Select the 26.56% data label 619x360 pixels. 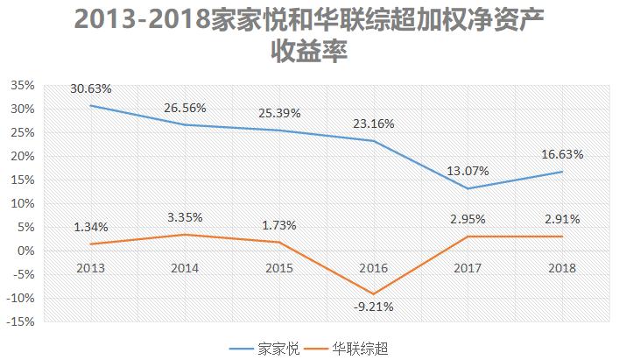185,108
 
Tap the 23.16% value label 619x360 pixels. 374,124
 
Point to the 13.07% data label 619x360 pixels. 468,171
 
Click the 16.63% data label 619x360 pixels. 561,154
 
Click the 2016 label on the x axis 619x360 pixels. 375,268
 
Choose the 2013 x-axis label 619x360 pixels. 91,268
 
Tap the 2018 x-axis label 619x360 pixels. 561,268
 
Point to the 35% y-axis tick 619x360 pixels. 23,86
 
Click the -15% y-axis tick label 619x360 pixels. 21,321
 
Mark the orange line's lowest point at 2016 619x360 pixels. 375,293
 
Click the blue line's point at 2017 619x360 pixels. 468,188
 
